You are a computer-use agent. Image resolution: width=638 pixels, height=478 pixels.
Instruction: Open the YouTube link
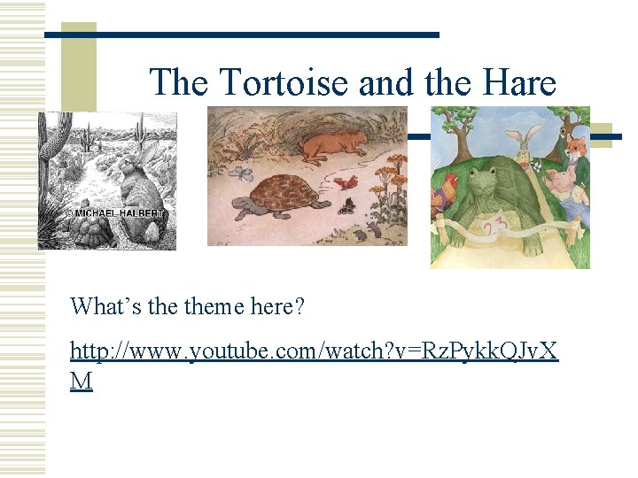point(314,351)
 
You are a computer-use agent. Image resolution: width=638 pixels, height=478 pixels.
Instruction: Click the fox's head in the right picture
point(576,149)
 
